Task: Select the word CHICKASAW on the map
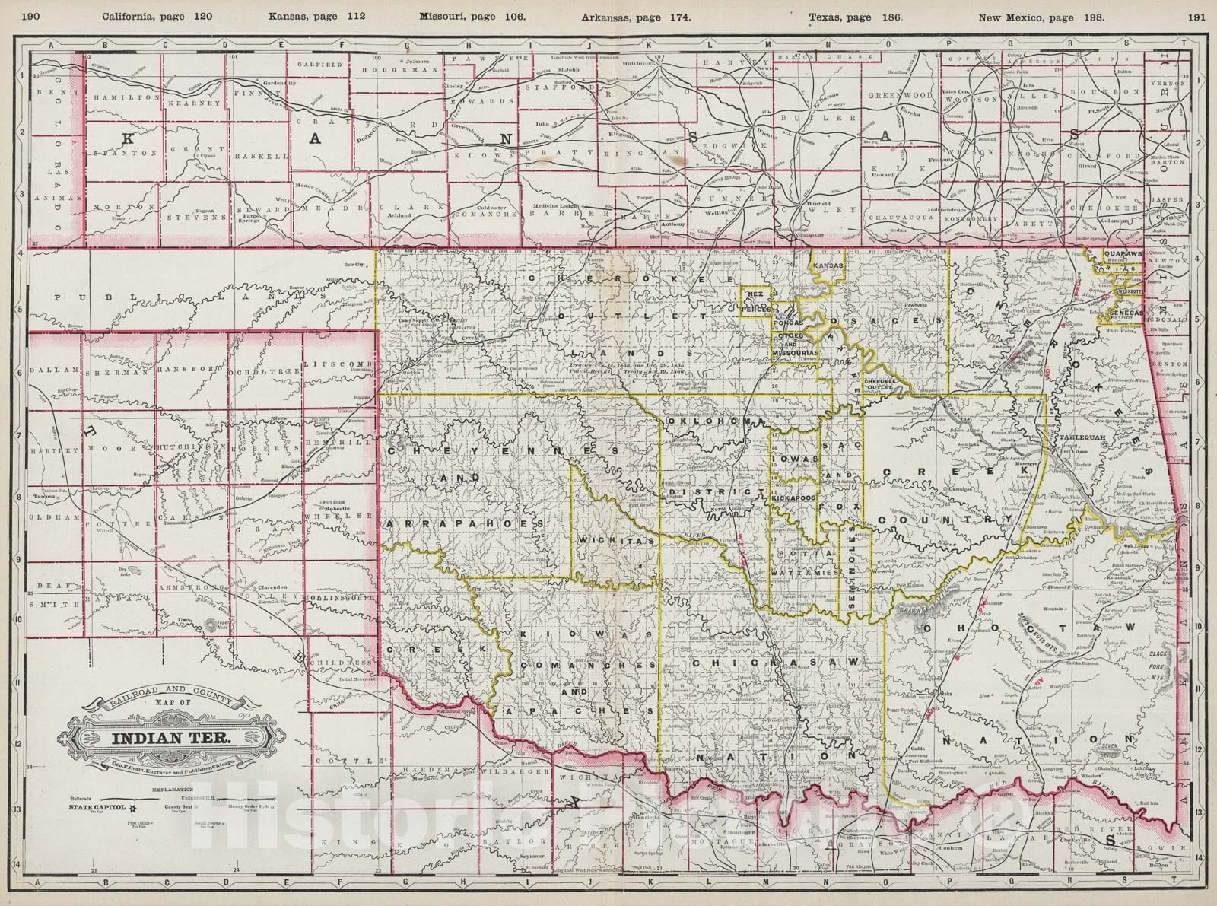click(x=777, y=663)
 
